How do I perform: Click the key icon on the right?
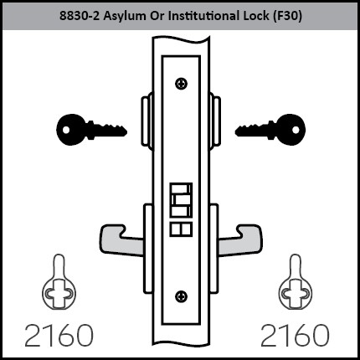270,130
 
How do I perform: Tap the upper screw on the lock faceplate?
181,84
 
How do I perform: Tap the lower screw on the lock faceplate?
181,296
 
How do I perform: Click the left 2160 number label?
59,335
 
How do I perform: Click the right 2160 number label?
295,335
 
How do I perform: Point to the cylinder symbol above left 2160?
59,282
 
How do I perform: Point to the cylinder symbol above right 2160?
296,282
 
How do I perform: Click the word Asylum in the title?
125,16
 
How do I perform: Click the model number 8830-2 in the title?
80,16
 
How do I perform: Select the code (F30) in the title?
286,16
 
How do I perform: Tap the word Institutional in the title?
203,16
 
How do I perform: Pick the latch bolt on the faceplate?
181,200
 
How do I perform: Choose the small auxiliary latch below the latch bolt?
181,229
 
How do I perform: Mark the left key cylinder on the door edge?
147,121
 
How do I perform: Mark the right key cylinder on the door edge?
215,121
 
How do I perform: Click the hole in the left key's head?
66,130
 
